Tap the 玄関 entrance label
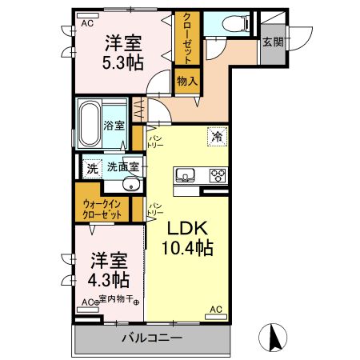(x=272, y=42)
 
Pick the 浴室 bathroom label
(x=114, y=126)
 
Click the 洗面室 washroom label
(x=123, y=168)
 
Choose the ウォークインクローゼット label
(x=102, y=210)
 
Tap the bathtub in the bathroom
(x=90, y=124)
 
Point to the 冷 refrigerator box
(x=216, y=136)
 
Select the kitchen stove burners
(x=217, y=175)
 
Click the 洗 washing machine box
(x=92, y=168)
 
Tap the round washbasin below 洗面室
(x=133, y=187)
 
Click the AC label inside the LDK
(x=214, y=308)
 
